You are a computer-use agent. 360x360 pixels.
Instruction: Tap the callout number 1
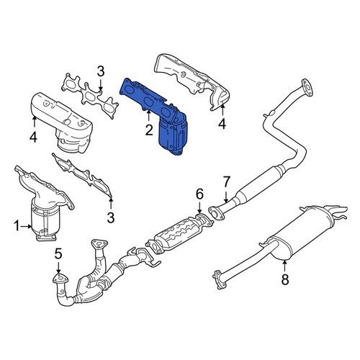coord(17,226)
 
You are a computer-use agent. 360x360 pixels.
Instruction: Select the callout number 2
coord(149,130)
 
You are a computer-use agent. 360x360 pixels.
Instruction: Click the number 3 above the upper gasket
coord(101,71)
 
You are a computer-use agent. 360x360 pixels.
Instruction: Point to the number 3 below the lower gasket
coord(111,218)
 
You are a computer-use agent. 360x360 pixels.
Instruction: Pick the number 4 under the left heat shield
coord(33,138)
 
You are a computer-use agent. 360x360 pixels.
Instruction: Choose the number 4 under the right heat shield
coord(222,124)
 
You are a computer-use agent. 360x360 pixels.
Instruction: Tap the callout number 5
coord(58,254)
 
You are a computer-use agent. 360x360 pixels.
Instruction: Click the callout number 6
coord(199,194)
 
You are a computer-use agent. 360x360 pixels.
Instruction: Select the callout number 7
coord(227,181)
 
